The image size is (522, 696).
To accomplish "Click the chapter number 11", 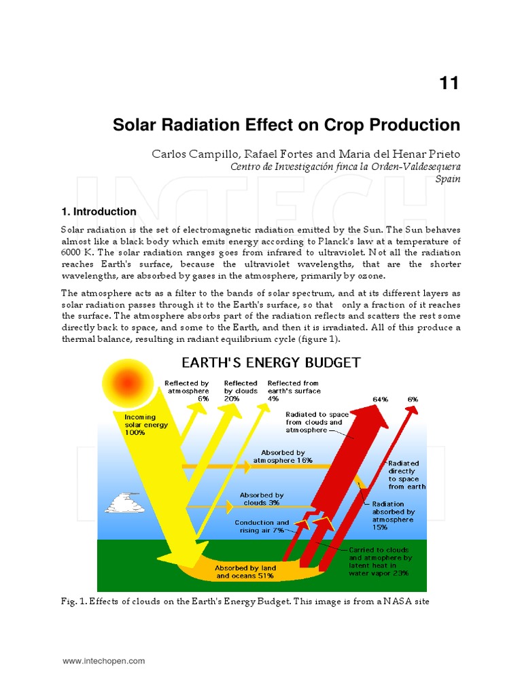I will pos(449,84).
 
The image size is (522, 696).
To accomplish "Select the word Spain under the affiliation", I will pos(448,179).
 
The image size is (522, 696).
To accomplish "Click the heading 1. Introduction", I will pos(99,211).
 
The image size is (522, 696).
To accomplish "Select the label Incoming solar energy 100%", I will pos(145,425).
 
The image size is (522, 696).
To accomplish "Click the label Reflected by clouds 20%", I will pos(241,391).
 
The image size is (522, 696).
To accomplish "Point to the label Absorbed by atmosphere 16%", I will pos(283,456).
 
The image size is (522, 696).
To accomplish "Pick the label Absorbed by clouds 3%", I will pos(261,500).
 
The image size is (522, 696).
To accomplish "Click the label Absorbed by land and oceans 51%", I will pos(245,571).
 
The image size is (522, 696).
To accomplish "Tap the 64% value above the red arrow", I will pos(380,399).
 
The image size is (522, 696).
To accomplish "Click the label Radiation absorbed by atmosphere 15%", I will pos(393,515).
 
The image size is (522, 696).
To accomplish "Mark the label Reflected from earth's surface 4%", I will pos(294,391).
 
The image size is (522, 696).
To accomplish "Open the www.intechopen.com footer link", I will pos(104,661).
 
